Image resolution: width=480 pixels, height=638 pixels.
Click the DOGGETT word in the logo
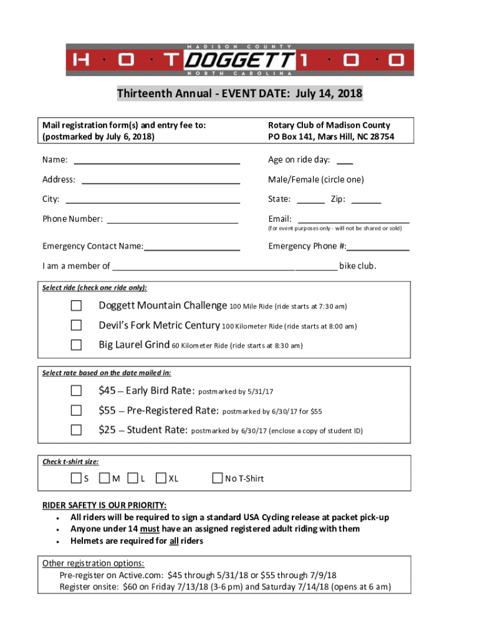[x=241, y=60]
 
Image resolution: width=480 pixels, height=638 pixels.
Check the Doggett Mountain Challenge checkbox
[x=76, y=305]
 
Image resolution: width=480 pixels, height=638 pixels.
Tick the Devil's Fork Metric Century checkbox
[x=76, y=325]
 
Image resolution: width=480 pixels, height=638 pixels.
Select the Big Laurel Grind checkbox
[x=76, y=345]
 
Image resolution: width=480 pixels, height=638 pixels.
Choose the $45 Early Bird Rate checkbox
[x=76, y=391]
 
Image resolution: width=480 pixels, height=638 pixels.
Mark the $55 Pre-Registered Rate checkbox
[x=76, y=411]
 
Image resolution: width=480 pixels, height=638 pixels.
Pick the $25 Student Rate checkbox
[x=76, y=430]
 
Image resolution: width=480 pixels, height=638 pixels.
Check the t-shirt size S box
[x=75, y=478]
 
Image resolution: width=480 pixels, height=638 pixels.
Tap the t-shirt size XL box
[x=161, y=478]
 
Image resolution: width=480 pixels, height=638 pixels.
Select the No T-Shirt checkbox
[x=217, y=478]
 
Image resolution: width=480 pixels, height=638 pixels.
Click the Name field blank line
[x=157, y=161]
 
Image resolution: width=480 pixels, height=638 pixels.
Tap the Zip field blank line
[x=370, y=200]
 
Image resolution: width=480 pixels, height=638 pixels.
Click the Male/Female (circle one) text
[x=315, y=180]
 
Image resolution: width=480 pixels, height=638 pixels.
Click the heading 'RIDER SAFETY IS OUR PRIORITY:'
[x=104, y=505]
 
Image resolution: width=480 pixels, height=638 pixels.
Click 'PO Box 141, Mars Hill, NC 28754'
[x=330, y=136]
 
